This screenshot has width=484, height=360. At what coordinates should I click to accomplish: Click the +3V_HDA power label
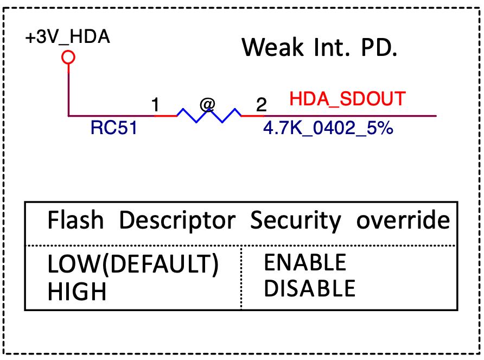coord(67,38)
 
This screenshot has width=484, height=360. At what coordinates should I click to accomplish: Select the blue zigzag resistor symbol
coord(208,116)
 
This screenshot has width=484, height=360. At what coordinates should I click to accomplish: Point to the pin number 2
coord(262,105)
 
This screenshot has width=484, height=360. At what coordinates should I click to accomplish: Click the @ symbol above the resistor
coord(207,103)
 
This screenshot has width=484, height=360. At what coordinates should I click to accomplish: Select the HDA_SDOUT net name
coord(347,99)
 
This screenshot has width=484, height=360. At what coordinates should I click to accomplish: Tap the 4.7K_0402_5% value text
coord(328,130)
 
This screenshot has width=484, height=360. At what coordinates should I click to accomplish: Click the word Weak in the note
coord(272,48)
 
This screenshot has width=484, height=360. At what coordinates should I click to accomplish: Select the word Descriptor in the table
coord(177,222)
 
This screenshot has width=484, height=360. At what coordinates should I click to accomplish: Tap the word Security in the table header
coord(296,222)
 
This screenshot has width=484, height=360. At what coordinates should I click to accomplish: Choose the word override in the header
coord(403,221)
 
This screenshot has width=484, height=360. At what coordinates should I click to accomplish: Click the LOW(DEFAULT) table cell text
coord(133,264)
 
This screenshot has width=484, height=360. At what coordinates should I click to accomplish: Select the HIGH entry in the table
coord(77,292)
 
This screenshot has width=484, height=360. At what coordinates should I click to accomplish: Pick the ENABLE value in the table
coord(305,263)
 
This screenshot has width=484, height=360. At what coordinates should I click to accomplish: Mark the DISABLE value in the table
coord(309,288)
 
